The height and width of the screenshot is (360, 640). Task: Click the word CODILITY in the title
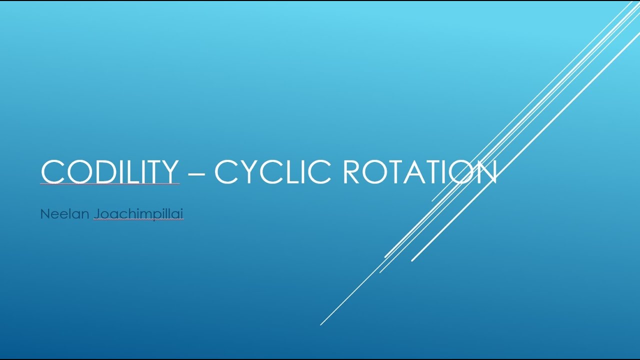click(109, 171)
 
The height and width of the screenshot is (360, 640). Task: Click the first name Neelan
click(64, 214)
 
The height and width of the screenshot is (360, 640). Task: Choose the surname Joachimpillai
click(138, 214)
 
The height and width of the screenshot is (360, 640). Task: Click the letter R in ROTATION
click(352, 171)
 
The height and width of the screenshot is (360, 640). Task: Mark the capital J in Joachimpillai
click(96, 214)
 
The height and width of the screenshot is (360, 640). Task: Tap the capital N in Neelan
click(44, 214)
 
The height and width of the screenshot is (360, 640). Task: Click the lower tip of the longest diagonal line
click(321, 324)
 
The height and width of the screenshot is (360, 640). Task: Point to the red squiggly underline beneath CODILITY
click(109, 184)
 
